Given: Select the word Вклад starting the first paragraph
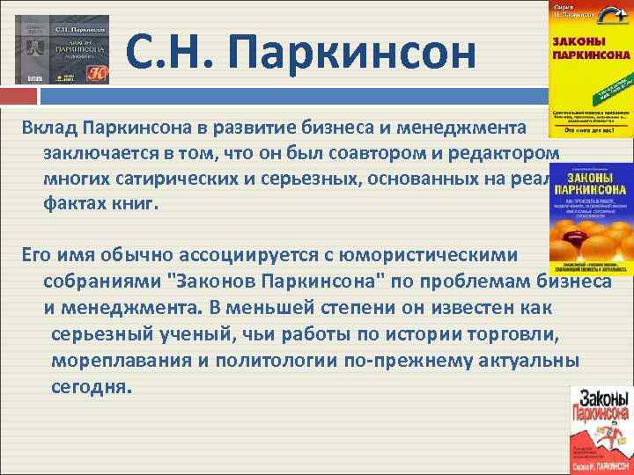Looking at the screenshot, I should (50, 128).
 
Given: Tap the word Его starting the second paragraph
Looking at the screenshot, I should (40, 256).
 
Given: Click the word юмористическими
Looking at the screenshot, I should (437, 256).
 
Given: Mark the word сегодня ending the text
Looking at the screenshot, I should (91, 387).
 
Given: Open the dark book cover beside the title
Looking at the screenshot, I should (63, 49).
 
